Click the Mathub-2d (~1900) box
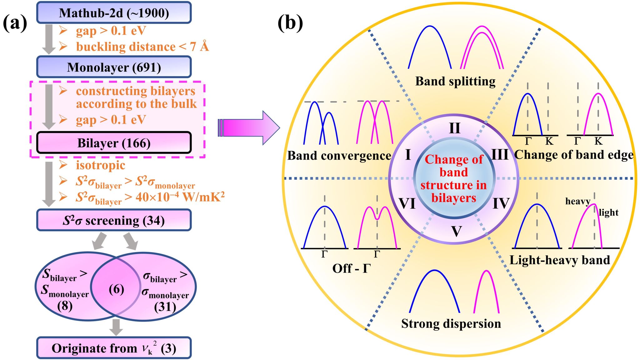[114, 13]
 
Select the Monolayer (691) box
[114, 67]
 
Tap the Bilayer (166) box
[114, 143]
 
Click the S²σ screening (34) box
[114, 220]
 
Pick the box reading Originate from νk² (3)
[114, 348]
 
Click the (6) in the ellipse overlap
[116, 289]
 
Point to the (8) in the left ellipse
[65, 305]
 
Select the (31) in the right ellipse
[165, 307]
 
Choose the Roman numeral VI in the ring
[407, 204]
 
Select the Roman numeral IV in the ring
[501, 204]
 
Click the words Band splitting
[455, 81]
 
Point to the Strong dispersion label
[451, 324]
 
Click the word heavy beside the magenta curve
[577, 201]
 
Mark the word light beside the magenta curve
[608, 212]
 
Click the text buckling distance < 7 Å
[142, 47]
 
